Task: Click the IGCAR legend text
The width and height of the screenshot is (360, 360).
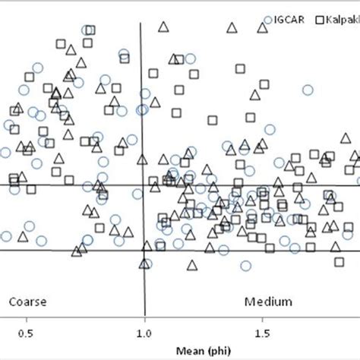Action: tap(291, 21)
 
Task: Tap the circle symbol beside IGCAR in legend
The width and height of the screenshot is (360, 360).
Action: tap(267, 21)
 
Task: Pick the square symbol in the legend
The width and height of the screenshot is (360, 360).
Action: tap(321, 21)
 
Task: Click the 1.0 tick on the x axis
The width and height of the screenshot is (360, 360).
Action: tap(144, 333)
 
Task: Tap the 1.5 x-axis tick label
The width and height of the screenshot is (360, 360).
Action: tap(262, 333)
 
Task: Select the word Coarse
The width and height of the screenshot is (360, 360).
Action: tap(27, 302)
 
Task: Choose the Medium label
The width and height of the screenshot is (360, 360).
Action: tap(268, 302)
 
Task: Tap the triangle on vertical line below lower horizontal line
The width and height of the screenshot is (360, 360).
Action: tap(144, 263)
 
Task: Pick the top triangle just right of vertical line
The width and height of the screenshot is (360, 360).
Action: tap(163, 27)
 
